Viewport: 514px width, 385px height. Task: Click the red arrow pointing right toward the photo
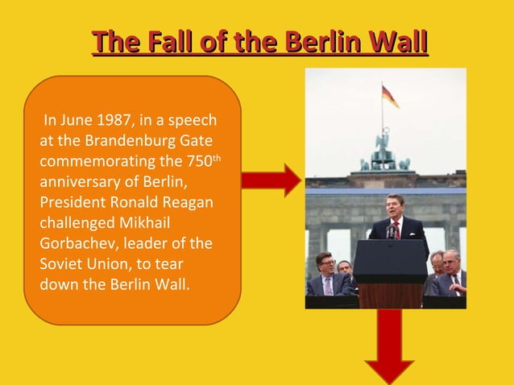coord(270,178)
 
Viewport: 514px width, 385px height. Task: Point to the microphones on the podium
coord(392,233)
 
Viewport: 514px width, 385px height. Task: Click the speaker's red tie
coord(396,230)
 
